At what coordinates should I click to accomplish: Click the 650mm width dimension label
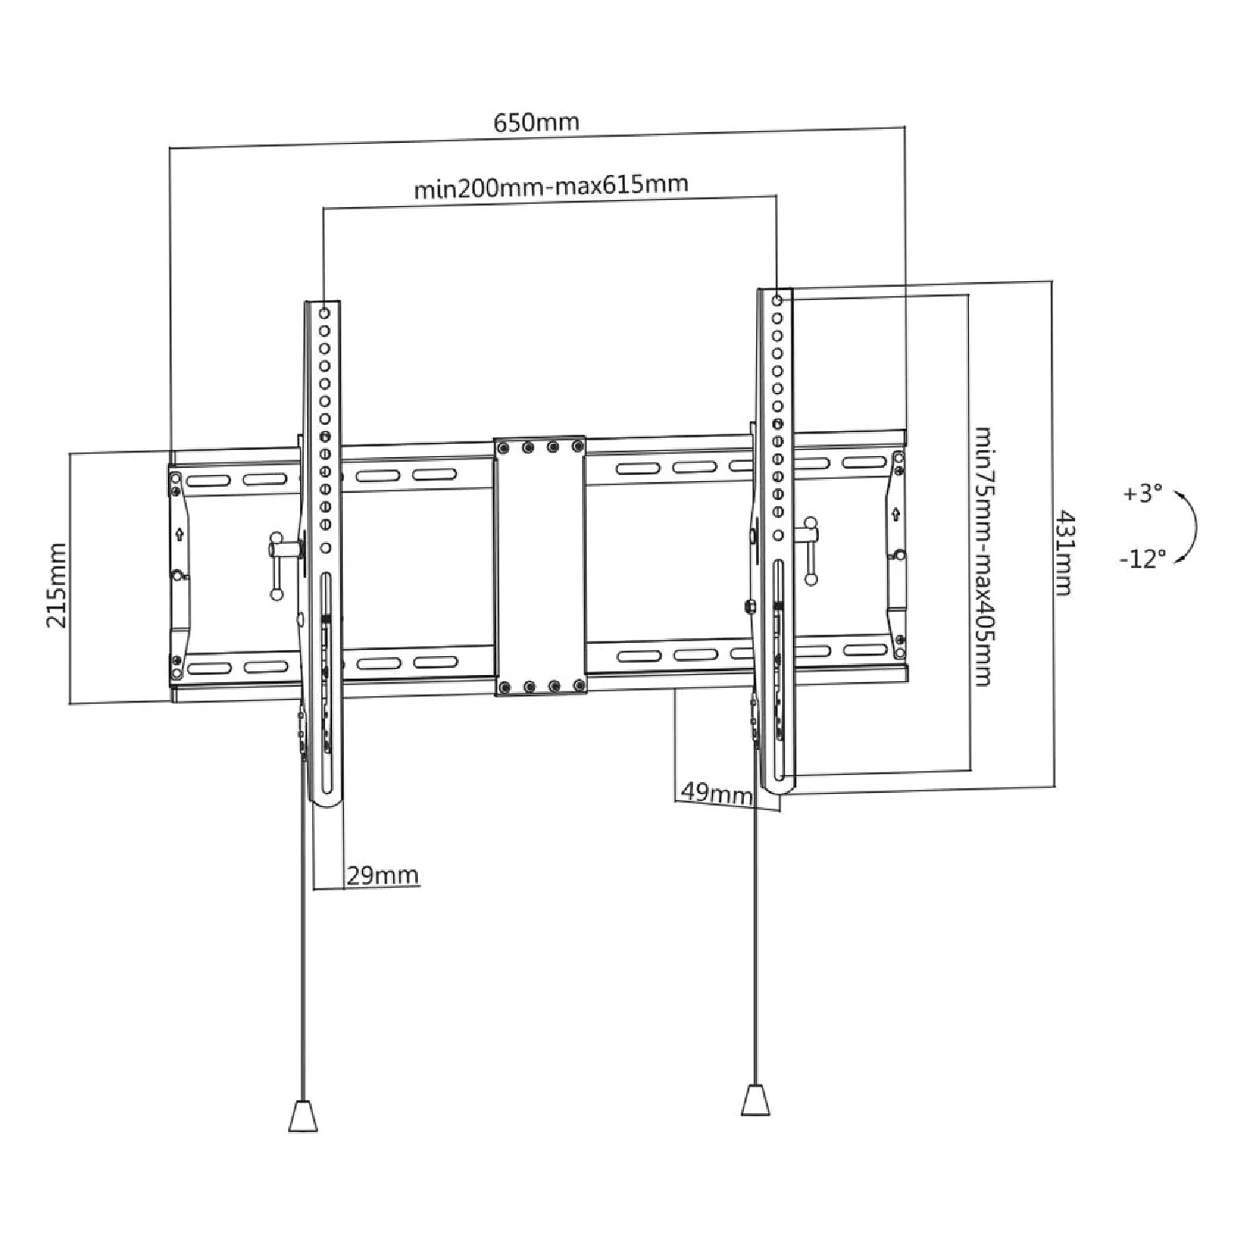pos(536,122)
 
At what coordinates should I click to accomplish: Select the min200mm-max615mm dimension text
pos(551,186)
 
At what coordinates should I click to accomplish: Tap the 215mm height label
pos(56,586)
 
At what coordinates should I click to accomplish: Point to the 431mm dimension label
pos(1063,553)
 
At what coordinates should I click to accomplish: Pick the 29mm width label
pos(382,875)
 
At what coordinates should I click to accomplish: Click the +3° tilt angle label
pos(1142,494)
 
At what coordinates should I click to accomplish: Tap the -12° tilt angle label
pos(1142,558)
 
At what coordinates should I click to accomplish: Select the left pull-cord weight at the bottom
pos(303,1115)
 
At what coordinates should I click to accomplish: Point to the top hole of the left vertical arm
pos(324,312)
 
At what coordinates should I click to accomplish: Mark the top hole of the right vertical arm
pos(777,300)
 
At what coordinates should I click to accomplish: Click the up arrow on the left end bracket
pos(180,534)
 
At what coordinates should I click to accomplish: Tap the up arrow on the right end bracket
pos(895,514)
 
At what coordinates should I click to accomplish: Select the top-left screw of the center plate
pos(504,448)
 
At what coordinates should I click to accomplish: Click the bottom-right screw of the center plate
pos(578,685)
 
